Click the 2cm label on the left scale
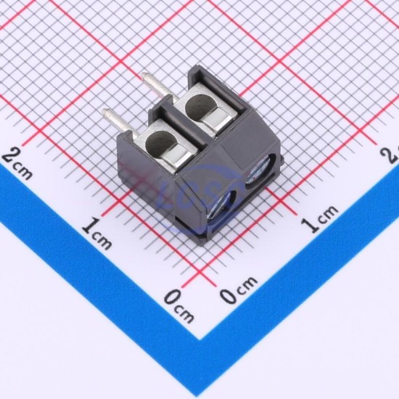[17, 163]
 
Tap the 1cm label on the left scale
[97, 233]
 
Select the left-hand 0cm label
[179, 307]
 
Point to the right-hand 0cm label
[238, 290]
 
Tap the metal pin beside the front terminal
[118, 122]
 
